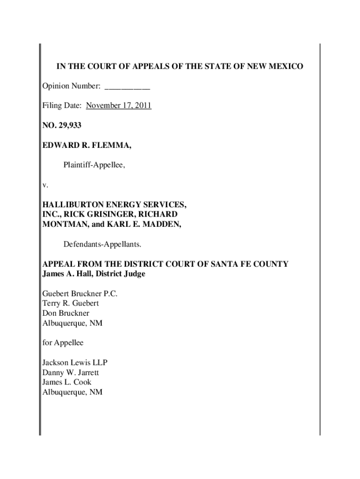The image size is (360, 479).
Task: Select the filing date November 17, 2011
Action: point(118,106)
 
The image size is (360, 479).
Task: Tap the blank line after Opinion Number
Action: point(127,87)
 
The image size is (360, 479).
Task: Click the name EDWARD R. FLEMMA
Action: point(87,146)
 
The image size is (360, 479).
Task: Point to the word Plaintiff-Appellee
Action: point(94,165)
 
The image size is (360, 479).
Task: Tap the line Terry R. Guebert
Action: point(71,303)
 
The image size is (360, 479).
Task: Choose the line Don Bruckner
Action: point(65,313)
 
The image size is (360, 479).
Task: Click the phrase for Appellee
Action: point(63,343)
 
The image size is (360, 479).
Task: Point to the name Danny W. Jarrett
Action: point(71,373)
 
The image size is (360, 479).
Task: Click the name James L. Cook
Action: point(67,382)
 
